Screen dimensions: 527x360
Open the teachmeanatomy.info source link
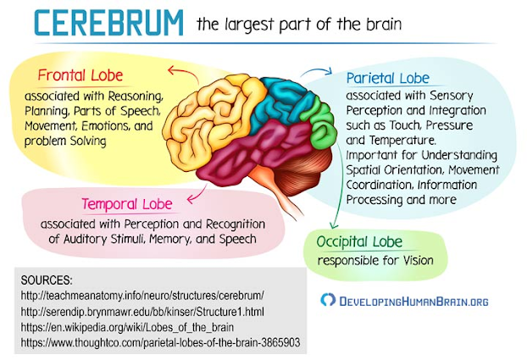point(143,295)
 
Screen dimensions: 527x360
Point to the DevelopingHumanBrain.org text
point(413,300)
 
